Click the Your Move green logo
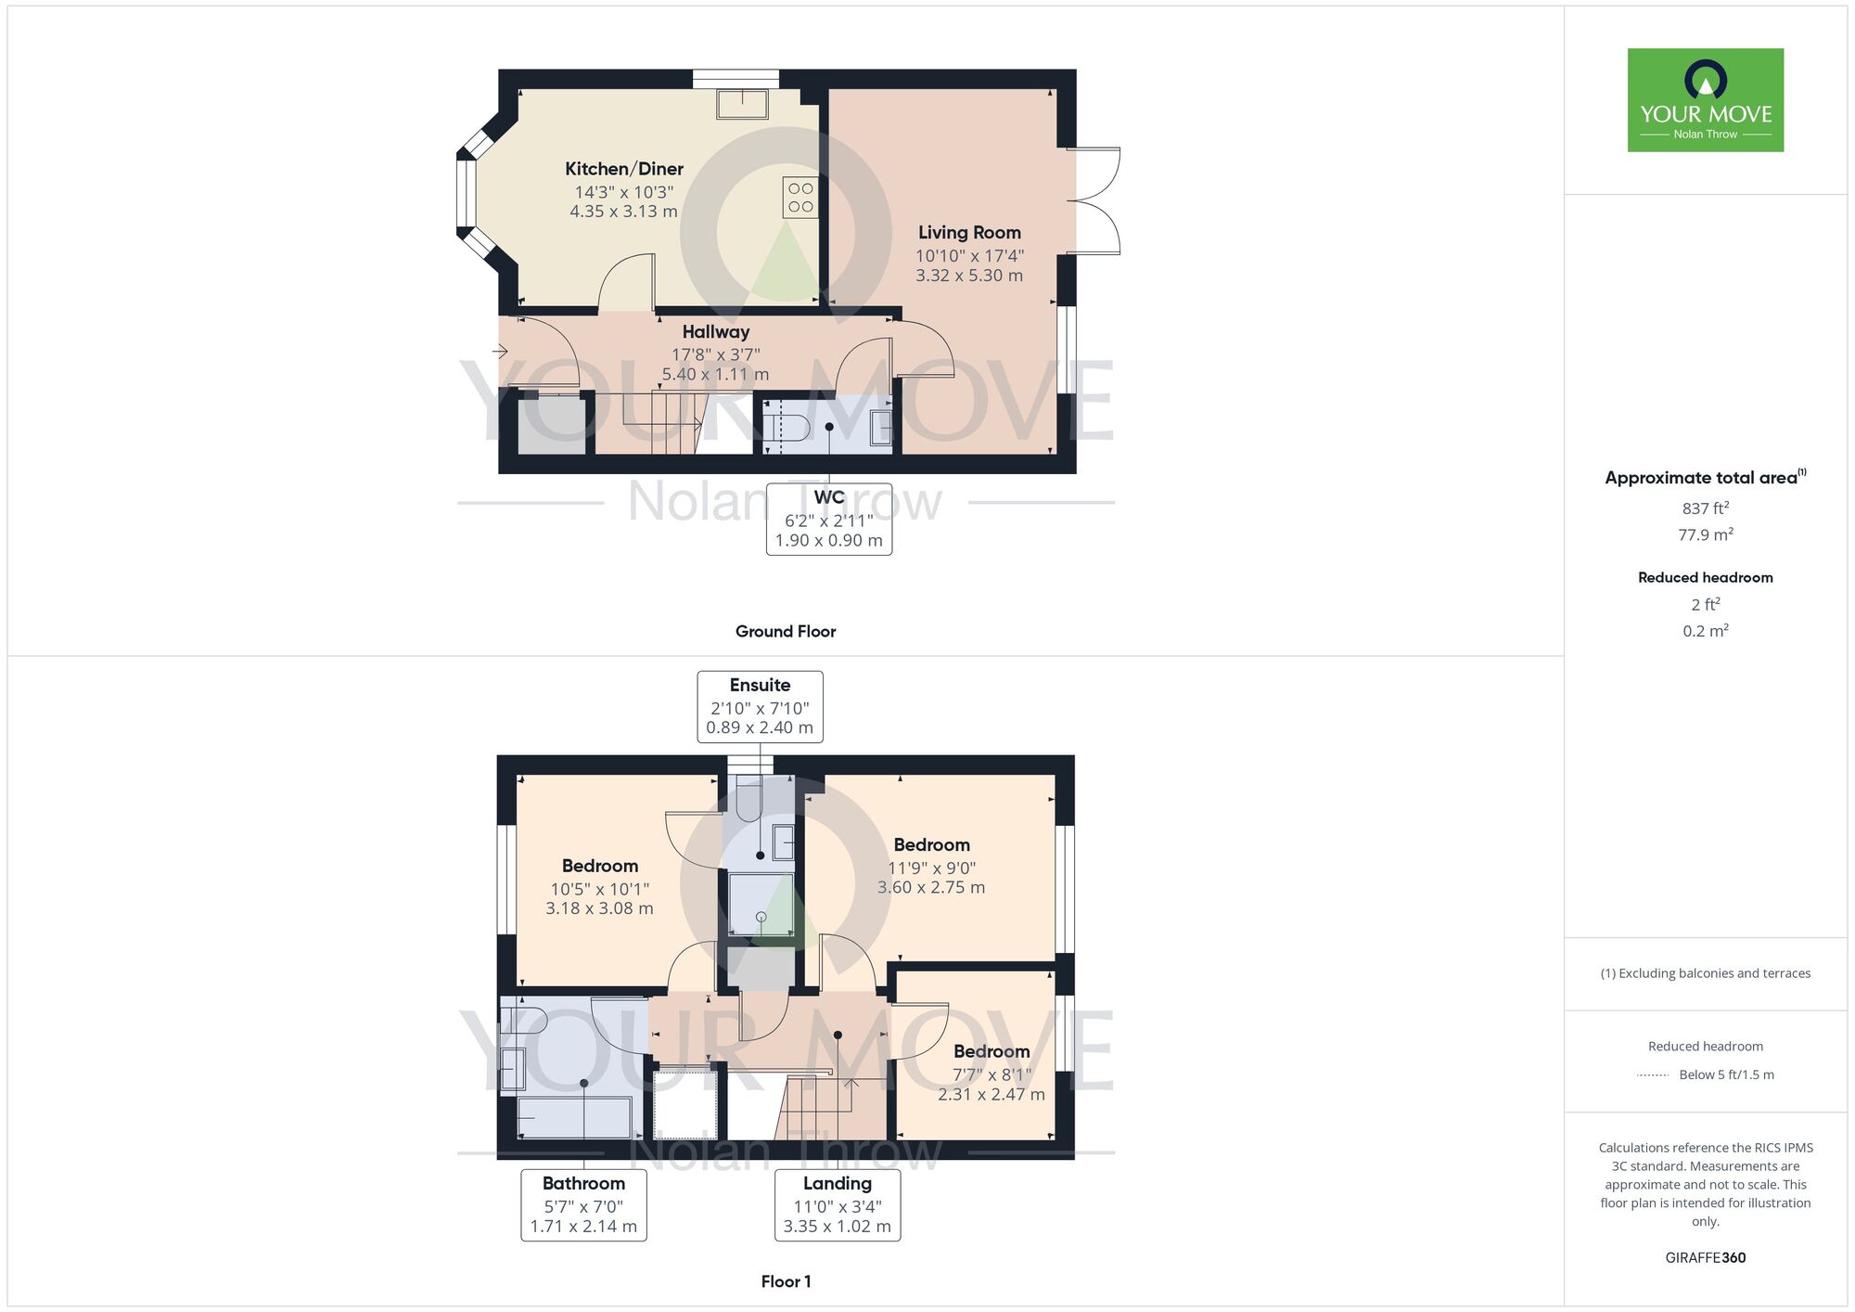[1705, 100]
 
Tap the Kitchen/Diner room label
[624, 169]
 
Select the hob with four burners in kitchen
[800, 198]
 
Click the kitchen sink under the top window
[742, 104]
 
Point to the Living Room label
[969, 233]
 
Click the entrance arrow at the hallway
[500, 352]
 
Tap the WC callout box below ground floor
[828, 519]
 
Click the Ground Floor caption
[786, 632]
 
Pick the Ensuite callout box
[760, 706]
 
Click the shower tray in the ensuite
[761, 904]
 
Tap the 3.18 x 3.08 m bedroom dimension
[599, 908]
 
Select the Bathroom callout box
[583, 1204]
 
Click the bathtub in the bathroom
[575, 1117]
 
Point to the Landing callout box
[838, 1204]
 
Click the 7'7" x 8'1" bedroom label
[991, 1074]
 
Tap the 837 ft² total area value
[1705, 508]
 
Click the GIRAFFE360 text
[1705, 1258]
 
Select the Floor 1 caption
[786, 1281]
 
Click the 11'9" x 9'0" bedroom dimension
[931, 868]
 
